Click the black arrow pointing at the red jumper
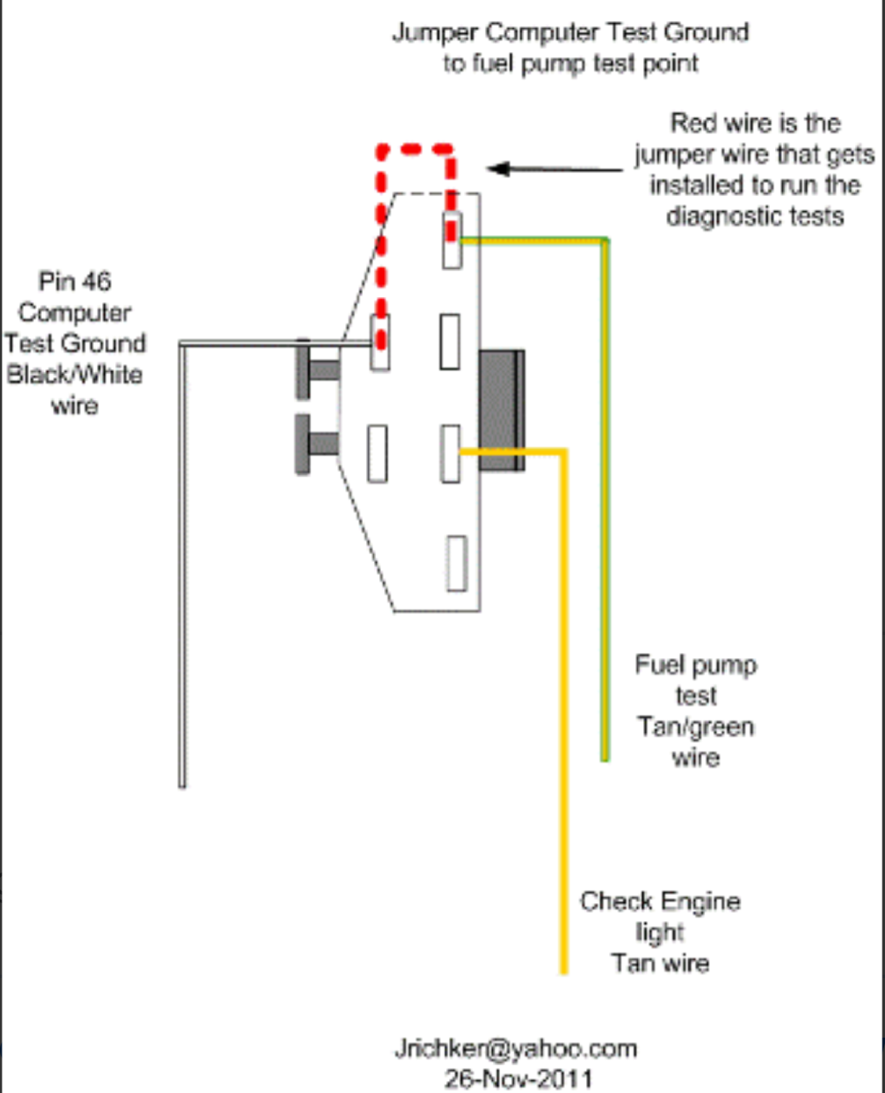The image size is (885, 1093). pos(554,169)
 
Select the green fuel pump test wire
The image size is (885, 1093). pos(605,511)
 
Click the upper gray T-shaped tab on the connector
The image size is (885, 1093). pos(314,369)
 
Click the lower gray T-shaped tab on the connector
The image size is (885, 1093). pos(314,443)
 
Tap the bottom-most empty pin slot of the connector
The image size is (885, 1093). pos(457,563)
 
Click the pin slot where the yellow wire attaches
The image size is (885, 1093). pos(451,453)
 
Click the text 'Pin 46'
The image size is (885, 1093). pos(75,282)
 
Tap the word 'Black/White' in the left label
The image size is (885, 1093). pos(75,375)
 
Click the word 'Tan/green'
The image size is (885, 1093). pos(695,727)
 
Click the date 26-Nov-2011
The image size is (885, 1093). pos(518,1078)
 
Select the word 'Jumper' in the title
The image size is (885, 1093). pos(434,33)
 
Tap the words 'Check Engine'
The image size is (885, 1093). pos(660,901)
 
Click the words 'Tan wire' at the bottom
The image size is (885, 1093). pos(660,964)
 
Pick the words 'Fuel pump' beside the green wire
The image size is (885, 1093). pos(695,665)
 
